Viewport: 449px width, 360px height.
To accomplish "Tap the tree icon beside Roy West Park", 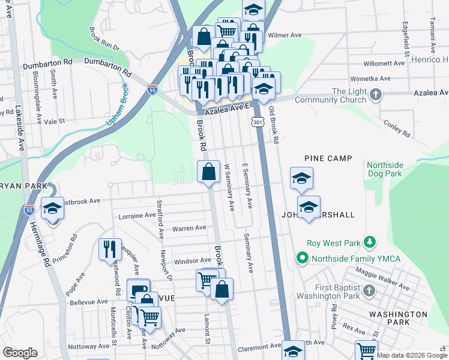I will pos(371,242).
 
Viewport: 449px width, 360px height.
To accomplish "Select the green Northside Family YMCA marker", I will pos(301,259).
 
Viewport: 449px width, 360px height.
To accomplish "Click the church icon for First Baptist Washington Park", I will pos(369,291).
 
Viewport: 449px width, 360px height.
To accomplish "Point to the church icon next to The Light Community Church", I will pos(375,94).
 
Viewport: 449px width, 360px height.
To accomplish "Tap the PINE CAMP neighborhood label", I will pos(327,158).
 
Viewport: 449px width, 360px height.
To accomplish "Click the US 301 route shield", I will pos(257,122).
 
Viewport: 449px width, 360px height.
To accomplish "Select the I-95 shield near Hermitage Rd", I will pos(29,210).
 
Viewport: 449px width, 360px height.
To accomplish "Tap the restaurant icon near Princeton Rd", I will pos(109,248).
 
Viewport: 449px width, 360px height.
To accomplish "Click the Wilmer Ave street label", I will pos(284,35).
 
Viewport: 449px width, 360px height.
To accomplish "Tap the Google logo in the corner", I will pos(20,353).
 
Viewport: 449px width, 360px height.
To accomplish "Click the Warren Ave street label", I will pos(189,228).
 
